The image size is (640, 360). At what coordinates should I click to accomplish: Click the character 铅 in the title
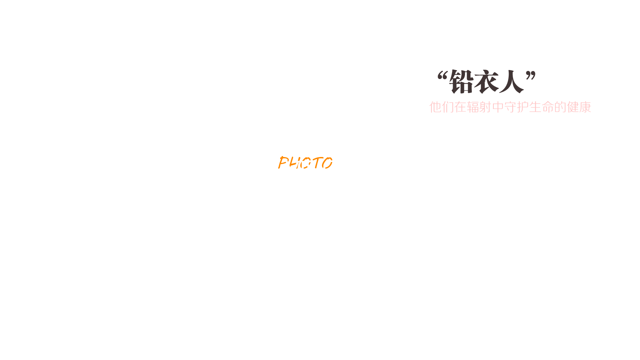click(461, 82)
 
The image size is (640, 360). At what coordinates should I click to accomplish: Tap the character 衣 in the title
click(486, 82)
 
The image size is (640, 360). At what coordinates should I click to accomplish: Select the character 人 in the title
click(511, 82)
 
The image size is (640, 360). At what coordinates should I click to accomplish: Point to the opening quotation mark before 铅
click(443, 76)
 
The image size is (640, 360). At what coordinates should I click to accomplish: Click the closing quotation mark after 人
click(531, 76)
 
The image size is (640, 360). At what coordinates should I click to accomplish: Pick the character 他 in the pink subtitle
click(435, 107)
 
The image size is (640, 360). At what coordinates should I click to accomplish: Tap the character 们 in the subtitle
click(448, 107)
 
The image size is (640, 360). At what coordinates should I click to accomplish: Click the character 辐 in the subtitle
click(473, 107)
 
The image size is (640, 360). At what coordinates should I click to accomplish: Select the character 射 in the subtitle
click(485, 107)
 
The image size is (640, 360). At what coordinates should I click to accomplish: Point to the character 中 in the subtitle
click(498, 107)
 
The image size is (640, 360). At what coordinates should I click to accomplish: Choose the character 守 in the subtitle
click(510, 107)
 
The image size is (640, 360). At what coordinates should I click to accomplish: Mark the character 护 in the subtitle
click(523, 107)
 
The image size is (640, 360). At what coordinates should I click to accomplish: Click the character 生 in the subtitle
click(535, 107)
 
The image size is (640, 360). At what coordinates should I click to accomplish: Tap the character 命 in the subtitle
click(548, 107)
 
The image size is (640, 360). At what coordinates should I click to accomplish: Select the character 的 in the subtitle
click(560, 107)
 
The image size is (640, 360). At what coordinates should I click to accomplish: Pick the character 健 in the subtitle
click(573, 107)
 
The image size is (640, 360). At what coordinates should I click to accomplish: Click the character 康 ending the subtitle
click(585, 107)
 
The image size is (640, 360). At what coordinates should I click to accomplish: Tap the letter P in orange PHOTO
click(284, 162)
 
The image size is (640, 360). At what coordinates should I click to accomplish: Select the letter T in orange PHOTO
click(317, 162)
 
